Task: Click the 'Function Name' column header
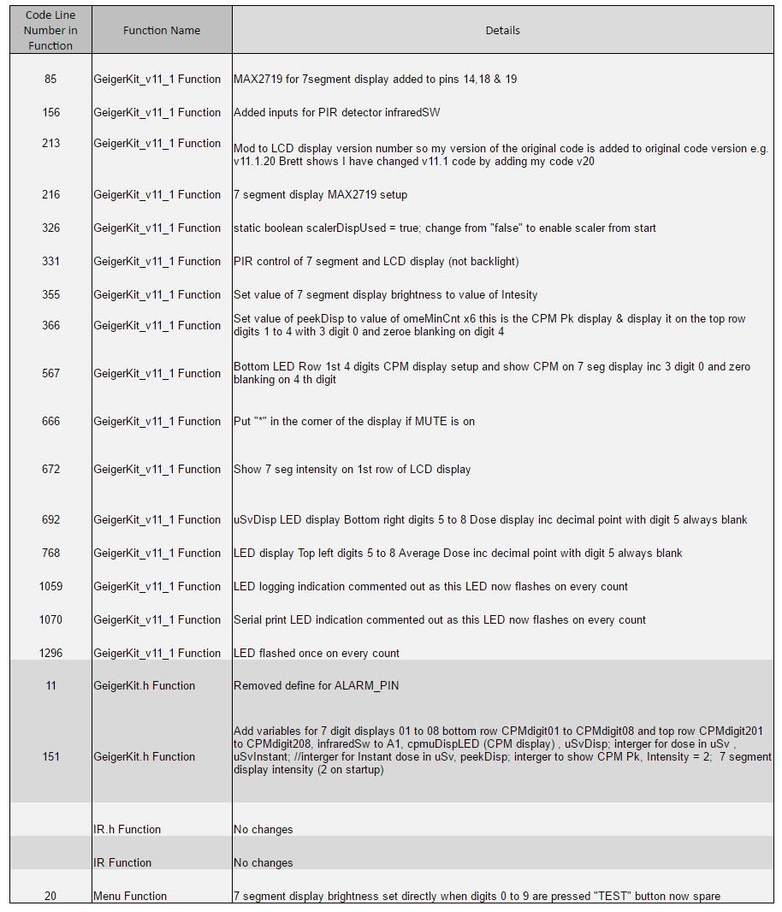point(161,31)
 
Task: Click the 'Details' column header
point(502,31)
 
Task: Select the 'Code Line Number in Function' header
point(50,31)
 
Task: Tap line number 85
point(50,80)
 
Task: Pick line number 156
point(50,113)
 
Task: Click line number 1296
point(50,654)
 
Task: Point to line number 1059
point(50,587)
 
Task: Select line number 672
point(50,470)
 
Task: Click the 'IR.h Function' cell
point(127,830)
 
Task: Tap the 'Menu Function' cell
point(130,897)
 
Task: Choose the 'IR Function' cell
point(121,863)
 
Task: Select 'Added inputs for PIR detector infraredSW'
point(337,113)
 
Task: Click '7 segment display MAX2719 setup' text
point(320,195)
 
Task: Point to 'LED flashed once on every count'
point(316,654)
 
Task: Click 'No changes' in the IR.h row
point(263,830)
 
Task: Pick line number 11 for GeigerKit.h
point(50,686)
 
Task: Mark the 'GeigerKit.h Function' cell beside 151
point(144,757)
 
